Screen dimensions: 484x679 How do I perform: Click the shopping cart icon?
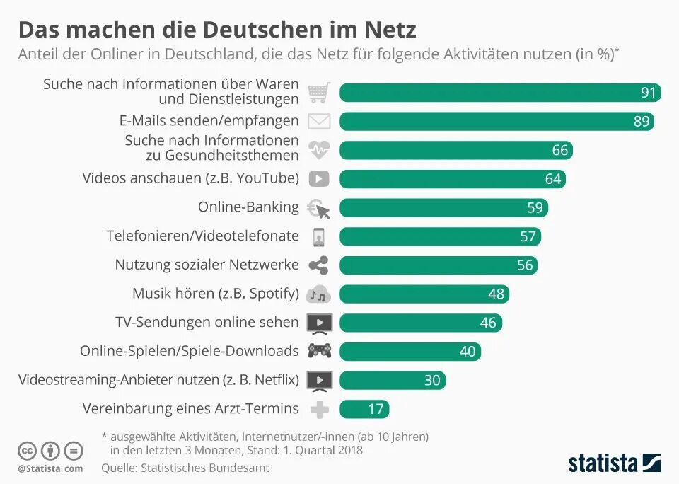point(319,93)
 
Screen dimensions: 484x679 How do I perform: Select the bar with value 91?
point(500,93)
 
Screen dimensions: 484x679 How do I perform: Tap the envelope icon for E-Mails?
point(319,122)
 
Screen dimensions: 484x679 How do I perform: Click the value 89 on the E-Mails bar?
point(641,122)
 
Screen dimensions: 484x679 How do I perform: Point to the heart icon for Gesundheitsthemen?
point(319,150)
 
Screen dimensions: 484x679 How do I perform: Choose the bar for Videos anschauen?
point(453,179)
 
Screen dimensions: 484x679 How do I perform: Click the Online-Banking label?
point(248,207)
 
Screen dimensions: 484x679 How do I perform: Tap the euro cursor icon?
point(319,208)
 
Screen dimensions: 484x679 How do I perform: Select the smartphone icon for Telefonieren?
point(319,236)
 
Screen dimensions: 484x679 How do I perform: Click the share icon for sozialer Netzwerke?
point(319,265)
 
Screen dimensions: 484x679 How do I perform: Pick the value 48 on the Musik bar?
point(496,294)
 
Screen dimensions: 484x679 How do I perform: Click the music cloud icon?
point(319,294)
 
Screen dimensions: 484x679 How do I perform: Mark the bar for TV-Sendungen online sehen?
point(421,323)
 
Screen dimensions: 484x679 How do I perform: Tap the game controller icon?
point(319,351)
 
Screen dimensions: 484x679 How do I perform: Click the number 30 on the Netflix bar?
point(432,380)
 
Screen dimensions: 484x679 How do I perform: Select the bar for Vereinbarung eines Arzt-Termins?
point(364,408)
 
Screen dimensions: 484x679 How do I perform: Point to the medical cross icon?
point(319,408)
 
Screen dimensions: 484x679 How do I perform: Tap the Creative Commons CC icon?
point(28,450)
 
